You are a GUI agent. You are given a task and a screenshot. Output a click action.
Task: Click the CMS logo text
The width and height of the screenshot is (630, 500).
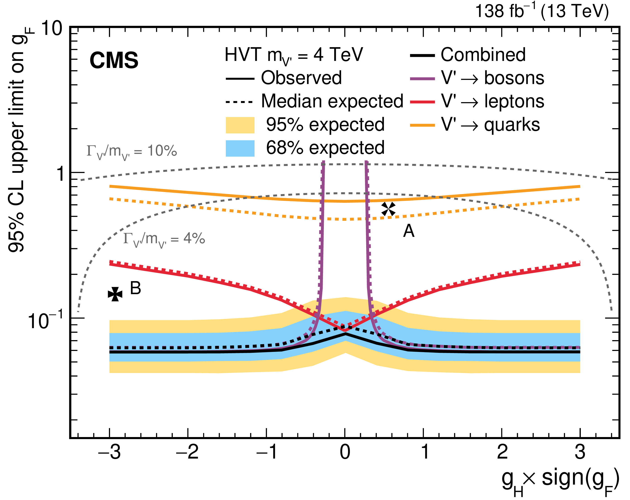click(x=114, y=60)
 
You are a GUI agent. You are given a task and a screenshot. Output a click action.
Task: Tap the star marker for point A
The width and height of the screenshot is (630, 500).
click(x=388, y=209)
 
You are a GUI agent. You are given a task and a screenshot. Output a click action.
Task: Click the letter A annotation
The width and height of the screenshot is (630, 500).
click(x=409, y=231)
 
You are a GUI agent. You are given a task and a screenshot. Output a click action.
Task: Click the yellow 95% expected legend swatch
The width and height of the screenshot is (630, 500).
click(x=240, y=125)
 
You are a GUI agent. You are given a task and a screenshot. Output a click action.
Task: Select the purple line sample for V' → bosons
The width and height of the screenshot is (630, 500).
click(x=422, y=78)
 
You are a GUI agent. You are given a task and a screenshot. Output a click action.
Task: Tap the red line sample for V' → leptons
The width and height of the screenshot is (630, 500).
click(x=422, y=102)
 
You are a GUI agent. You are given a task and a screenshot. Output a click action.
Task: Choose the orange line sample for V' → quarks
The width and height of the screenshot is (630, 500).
click(x=422, y=125)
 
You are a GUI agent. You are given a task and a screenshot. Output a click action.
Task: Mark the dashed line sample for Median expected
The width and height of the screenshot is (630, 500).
click(x=239, y=102)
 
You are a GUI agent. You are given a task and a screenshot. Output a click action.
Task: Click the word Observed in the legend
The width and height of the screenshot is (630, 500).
click(x=301, y=78)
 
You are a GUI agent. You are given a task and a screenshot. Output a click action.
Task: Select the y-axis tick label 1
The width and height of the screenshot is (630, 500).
click(x=61, y=174)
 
